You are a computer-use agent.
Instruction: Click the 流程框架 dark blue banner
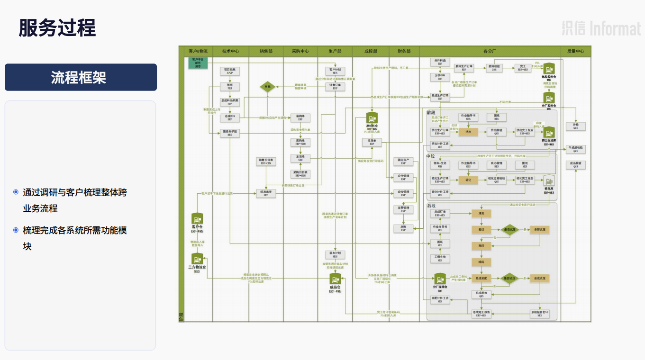coord(81,77)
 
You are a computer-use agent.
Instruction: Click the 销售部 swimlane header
coord(266,51)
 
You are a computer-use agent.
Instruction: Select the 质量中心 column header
coord(575,51)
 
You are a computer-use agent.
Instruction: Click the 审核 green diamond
coord(267,87)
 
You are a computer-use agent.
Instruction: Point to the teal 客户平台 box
coord(198,63)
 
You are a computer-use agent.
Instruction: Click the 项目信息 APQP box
coord(230,71)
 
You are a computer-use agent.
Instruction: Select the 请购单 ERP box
coord(300,117)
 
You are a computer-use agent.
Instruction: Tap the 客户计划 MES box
coord(335,71)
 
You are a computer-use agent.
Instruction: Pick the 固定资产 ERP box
coord(403,162)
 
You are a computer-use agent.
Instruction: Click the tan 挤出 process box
coord(468,132)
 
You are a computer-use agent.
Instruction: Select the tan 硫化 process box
coord(468,180)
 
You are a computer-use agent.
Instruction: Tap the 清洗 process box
coord(481,214)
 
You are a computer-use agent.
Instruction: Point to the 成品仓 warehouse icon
coord(335,279)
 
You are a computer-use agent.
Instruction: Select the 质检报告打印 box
coord(540,314)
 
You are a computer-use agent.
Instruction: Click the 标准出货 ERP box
coord(266,193)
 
